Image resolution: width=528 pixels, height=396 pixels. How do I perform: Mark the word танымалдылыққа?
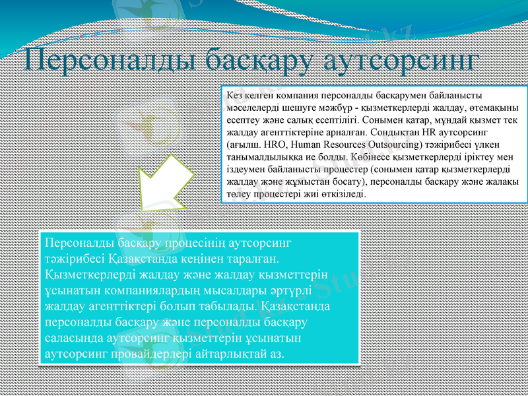261,157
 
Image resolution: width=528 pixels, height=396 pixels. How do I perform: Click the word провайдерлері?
147,354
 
